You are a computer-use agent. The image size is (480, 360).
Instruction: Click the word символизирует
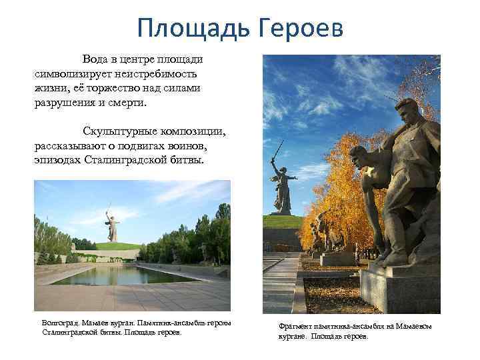coord(73,73)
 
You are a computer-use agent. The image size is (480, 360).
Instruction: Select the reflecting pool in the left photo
coord(120,274)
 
